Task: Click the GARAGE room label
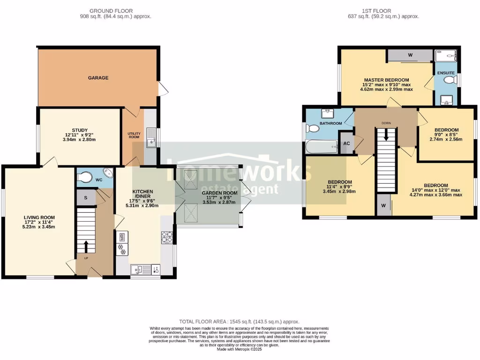[98, 78]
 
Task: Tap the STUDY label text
[76, 130]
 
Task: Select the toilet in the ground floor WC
[85, 178]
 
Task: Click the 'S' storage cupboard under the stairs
[85, 197]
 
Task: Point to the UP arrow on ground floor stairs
[86, 247]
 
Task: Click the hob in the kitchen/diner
[167, 238]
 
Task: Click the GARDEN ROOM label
[219, 193]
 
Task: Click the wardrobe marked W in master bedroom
[410, 55]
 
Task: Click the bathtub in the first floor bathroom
[321, 147]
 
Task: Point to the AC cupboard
[346, 144]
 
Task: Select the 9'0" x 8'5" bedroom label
[446, 133]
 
